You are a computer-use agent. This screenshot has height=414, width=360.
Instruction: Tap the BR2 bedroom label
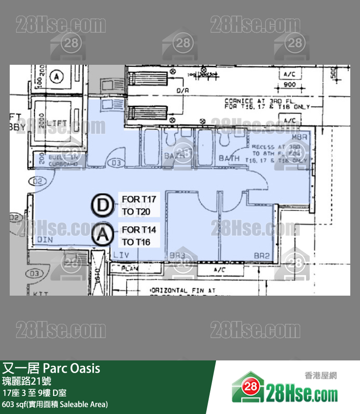coord(261,255)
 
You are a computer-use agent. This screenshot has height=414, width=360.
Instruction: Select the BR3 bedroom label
coord(178,255)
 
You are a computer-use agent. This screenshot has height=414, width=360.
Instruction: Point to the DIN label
coord(45,240)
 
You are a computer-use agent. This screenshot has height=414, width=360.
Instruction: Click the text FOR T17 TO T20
coord(139,206)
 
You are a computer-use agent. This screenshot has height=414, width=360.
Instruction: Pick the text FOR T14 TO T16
coord(139,235)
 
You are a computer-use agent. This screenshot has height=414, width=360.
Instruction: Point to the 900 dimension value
coord(290,85)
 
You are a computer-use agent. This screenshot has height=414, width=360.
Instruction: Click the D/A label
coord(183,91)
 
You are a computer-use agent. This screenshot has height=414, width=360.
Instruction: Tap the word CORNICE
coord(239,101)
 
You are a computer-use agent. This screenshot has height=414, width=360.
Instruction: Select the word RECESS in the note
coord(263,147)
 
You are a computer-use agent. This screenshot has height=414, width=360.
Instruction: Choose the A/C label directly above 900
coord(290,74)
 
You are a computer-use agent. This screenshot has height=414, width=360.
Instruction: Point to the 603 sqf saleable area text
coord(55,404)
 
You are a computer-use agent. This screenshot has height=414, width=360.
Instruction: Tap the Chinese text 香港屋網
coord(321,376)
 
